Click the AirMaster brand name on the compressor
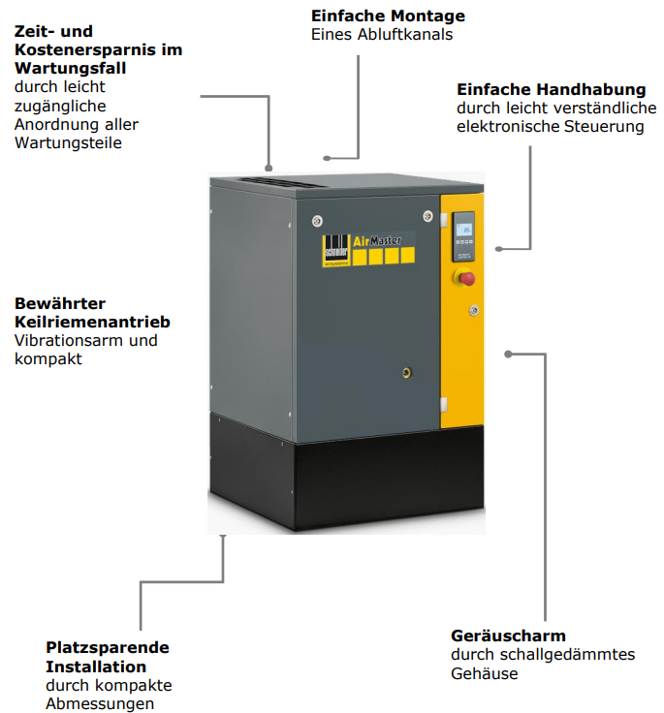click(377, 240)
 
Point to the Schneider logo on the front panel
click(335, 250)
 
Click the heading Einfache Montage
click(388, 15)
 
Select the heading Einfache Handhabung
click(552, 89)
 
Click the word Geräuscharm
click(508, 635)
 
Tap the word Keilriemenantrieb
click(92, 322)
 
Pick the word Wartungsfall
click(70, 68)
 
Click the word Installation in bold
click(96, 666)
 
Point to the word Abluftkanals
click(404, 35)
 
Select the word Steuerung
click(604, 126)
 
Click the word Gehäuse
click(485, 673)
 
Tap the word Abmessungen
click(100, 704)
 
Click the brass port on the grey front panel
click(407, 373)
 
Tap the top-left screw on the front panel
click(318, 221)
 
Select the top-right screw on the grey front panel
click(427, 215)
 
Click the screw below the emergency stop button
click(474, 311)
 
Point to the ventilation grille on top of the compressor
click(281, 182)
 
